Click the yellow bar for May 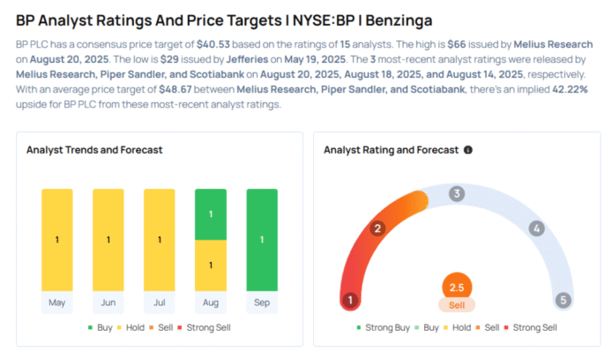pyautogui.click(x=57, y=239)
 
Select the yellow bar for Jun pyautogui.click(x=108, y=239)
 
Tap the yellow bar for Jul pyautogui.click(x=160, y=239)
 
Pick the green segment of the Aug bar pyautogui.click(x=211, y=214)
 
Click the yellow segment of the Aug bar pyautogui.click(x=211, y=265)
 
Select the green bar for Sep pyautogui.click(x=262, y=239)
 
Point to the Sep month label pyautogui.click(x=262, y=302)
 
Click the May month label pyautogui.click(x=57, y=302)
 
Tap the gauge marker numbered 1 pyautogui.click(x=350, y=300)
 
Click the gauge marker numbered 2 pyautogui.click(x=377, y=229)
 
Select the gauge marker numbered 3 pyautogui.click(x=456, y=194)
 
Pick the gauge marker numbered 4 pyautogui.click(x=535, y=229)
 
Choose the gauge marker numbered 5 pyautogui.click(x=563, y=300)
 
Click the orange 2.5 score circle pyautogui.click(x=457, y=287)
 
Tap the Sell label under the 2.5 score pyautogui.click(x=457, y=304)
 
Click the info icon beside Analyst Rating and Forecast pyautogui.click(x=468, y=150)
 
